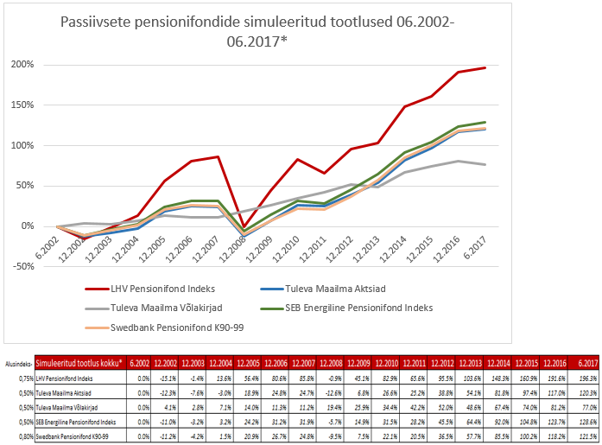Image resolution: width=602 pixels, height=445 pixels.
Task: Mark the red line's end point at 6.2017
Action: (485, 67)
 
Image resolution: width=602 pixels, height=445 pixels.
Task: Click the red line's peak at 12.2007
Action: (217, 156)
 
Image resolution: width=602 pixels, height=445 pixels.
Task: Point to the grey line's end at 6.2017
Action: (485, 164)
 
